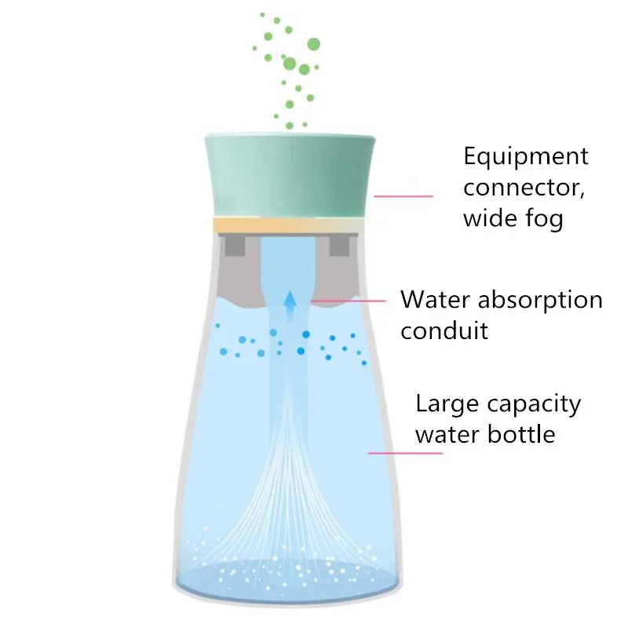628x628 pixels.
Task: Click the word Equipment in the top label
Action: [x=525, y=157]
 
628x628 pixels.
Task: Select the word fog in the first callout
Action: [x=544, y=220]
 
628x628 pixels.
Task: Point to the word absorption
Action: [x=541, y=300]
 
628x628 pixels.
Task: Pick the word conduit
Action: [x=444, y=330]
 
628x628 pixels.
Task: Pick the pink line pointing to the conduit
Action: [x=350, y=299]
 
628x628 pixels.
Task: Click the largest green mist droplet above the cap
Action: [x=313, y=43]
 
